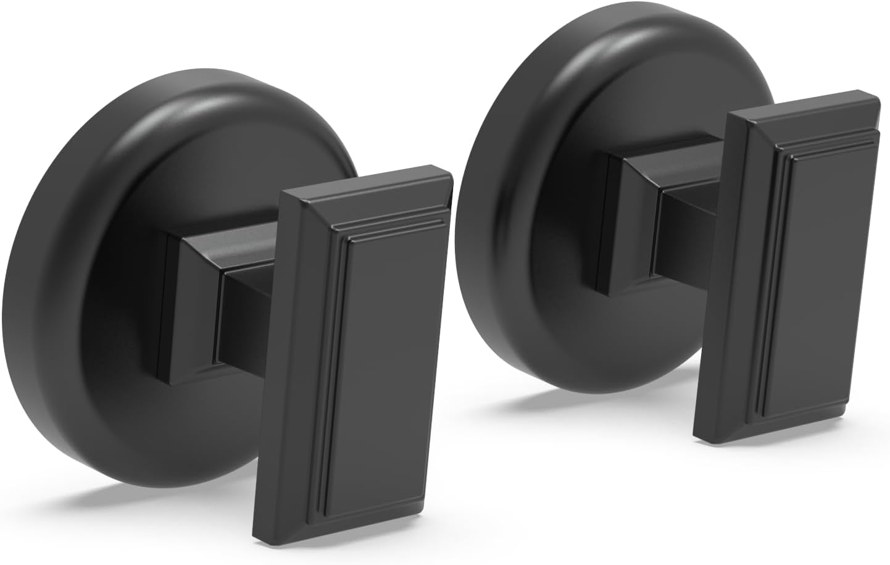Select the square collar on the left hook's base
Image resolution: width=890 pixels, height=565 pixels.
tap(185, 309)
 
